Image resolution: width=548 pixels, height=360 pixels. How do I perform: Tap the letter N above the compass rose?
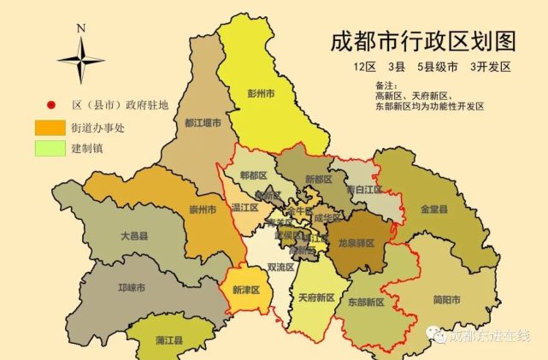80,27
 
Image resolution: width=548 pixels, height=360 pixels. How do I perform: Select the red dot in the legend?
50,106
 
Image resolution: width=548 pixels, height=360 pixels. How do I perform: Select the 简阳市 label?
446,299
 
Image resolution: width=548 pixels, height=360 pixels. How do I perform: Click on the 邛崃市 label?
130,287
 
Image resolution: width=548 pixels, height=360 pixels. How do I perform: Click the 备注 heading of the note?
385,86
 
